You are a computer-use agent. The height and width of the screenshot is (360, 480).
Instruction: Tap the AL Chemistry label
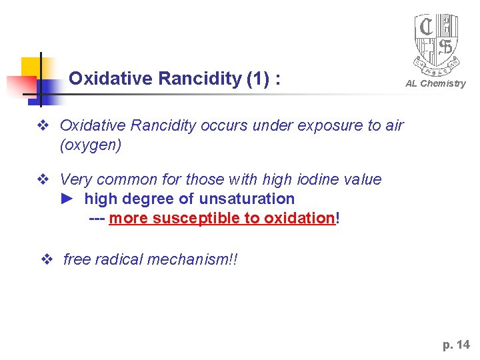click(x=436, y=83)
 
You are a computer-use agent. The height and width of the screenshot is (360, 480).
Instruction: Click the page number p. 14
click(x=456, y=345)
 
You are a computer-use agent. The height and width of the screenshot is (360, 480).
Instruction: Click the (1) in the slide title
click(x=257, y=79)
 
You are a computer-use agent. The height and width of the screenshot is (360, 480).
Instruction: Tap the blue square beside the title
click(x=48, y=89)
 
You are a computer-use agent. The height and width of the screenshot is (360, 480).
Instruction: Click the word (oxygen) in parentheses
click(x=91, y=145)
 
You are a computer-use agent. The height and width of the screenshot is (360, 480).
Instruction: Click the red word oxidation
click(x=299, y=218)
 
